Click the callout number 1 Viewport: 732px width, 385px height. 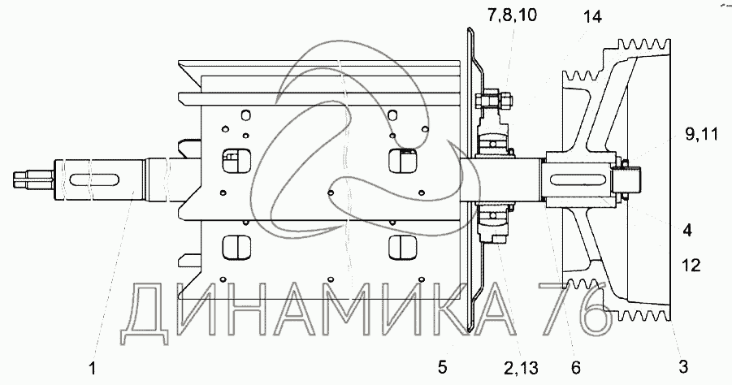click(93, 368)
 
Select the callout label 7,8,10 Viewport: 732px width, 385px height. click(512, 15)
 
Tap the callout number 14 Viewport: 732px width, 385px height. click(592, 17)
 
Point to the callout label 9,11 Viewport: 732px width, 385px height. click(701, 135)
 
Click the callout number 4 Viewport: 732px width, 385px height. click(687, 230)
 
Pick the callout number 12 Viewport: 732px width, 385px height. click(691, 265)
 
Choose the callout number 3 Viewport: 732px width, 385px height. click(683, 366)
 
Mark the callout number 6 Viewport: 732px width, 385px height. click(576, 368)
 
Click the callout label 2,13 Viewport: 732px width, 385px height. click(521, 369)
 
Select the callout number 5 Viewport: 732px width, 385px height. click(442, 367)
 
